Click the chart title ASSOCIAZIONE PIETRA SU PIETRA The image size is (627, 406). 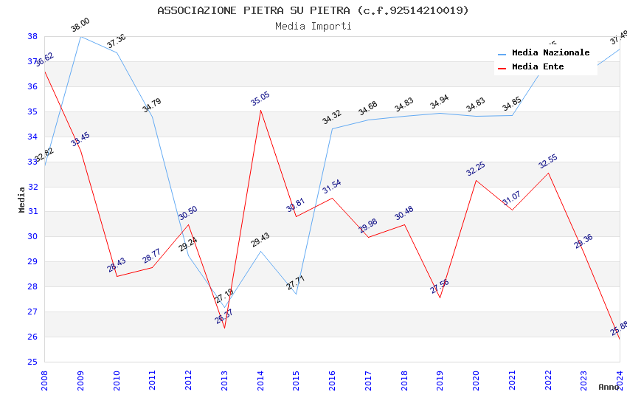click(x=313, y=10)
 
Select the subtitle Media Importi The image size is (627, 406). click(x=313, y=27)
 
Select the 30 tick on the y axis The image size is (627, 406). click(x=32, y=237)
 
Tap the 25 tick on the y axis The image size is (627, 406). click(x=32, y=362)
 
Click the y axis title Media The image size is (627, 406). click(x=22, y=199)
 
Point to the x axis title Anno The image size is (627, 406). click(x=609, y=387)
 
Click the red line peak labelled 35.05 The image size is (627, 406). click(x=260, y=110)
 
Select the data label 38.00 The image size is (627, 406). click(x=80, y=25)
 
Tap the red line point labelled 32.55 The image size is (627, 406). click(x=548, y=173)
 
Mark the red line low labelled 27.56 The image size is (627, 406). click(x=440, y=297)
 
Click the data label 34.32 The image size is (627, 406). click(x=332, y=117)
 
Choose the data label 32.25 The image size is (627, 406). click(x=476, y=168)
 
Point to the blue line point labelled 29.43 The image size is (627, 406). click(x=260, y=251)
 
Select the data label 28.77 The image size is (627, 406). click(x=152, y=256)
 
